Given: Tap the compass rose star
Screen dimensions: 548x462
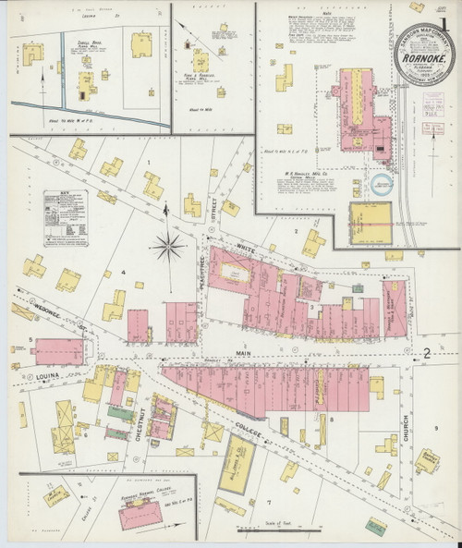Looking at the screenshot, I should pyautogui.click(x=167, y=244).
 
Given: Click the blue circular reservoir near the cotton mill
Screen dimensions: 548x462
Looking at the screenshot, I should pyautogui.click(x=379, y=184).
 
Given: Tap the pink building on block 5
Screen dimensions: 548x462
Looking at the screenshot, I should pyautogui.click(x=62, y=350).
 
